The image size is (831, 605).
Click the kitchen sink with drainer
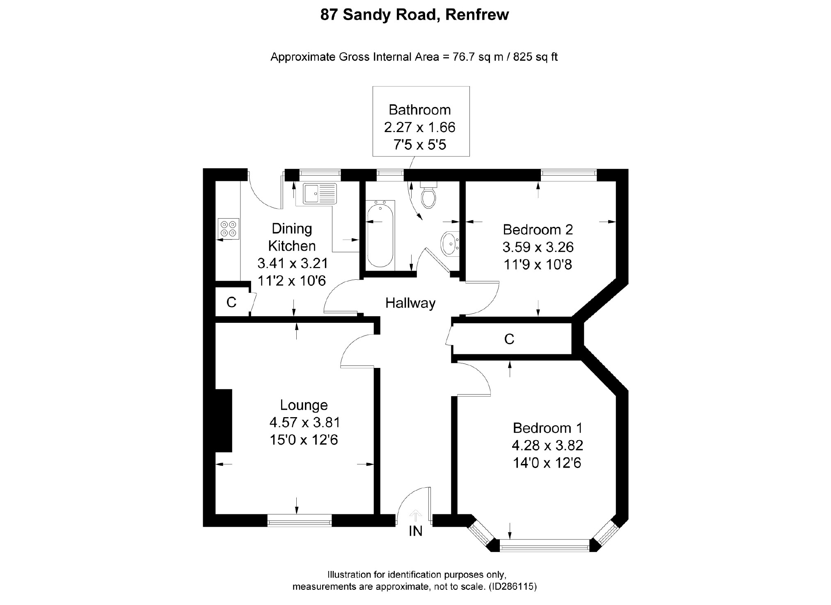click(320, 194)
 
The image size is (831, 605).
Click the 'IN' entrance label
click(415, 531)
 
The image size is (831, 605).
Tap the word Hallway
click(410, 303)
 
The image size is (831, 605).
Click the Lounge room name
click(304, 405)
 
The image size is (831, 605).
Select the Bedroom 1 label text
click(547, 428)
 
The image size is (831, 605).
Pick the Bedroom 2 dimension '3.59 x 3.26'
click(538, 247)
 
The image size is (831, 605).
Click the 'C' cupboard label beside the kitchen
click(231, 303)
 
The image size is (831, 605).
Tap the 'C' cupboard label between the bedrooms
click(509, 339)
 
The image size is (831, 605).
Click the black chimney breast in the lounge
click(224, 420)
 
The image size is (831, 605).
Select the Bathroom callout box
click(421, 121)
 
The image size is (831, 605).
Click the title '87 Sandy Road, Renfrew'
click(414, 15)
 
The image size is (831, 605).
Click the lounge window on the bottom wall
click(299, 523)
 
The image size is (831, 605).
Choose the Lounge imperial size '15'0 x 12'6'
click(304, 440)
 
